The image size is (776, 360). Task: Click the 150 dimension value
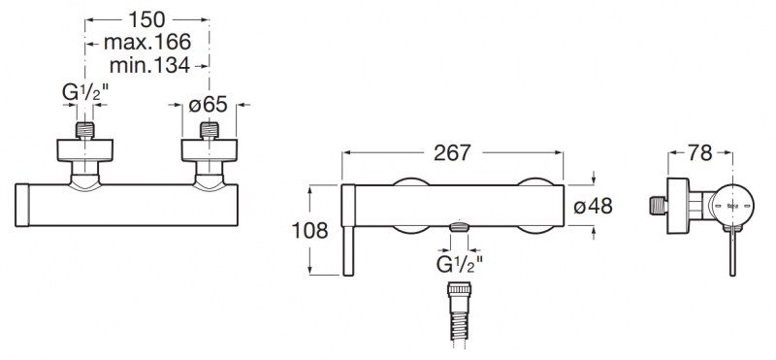146,19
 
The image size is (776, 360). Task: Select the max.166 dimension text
147,43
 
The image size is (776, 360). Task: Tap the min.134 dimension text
149,65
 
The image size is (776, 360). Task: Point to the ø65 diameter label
208,105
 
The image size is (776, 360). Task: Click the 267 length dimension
452,153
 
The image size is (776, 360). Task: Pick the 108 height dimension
309,230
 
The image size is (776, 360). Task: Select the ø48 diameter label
593,206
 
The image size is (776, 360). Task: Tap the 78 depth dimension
699,153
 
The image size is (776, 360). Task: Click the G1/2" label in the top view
84,92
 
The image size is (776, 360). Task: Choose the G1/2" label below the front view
459,265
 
